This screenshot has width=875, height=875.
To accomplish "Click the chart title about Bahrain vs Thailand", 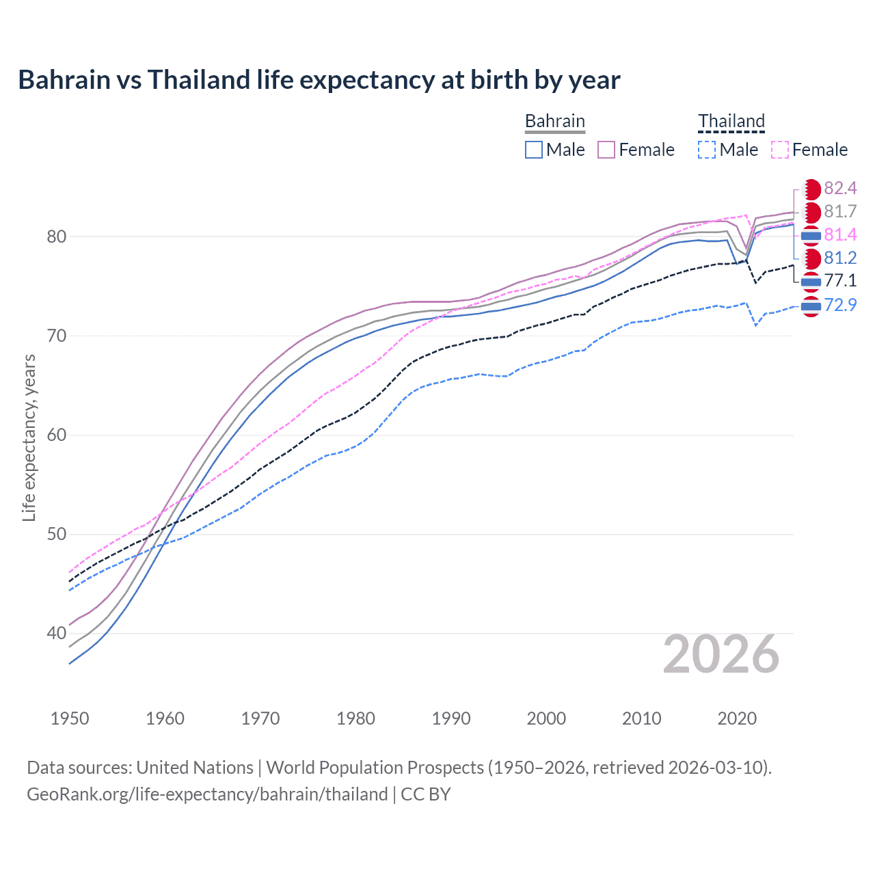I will click(319, 80).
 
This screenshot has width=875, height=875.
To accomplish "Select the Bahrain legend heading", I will click(554, 121).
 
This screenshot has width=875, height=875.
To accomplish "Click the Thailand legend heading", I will click(731, 121).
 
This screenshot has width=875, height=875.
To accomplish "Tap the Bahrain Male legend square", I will click(534, 150).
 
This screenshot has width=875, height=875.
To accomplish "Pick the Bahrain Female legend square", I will click(606, 150).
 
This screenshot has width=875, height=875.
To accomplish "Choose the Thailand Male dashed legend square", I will click(707, 150).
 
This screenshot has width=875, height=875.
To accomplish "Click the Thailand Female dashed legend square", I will click(780, 150).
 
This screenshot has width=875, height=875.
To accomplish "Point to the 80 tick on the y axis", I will click(57, 237).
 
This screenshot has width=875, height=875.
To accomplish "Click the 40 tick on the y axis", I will click(57, 634).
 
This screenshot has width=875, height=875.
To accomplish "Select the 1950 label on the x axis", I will click(70, 718).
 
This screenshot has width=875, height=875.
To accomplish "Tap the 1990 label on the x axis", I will click(451, 718).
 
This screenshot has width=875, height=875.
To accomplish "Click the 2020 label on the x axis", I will click(737, 718).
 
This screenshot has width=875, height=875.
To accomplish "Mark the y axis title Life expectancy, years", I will click(29, 437).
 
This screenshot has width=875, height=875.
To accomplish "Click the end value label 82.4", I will click(840, 188).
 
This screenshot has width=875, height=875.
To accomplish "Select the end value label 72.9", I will click(840, 305).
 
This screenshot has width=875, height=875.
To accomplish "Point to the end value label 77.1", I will click(840, 280).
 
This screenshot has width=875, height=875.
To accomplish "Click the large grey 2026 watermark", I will click(721, 654).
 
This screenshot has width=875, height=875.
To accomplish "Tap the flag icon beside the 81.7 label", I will click(811, 212).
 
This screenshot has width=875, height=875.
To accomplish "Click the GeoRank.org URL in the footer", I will click(207, 794).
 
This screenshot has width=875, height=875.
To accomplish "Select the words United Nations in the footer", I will click(195, 768).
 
